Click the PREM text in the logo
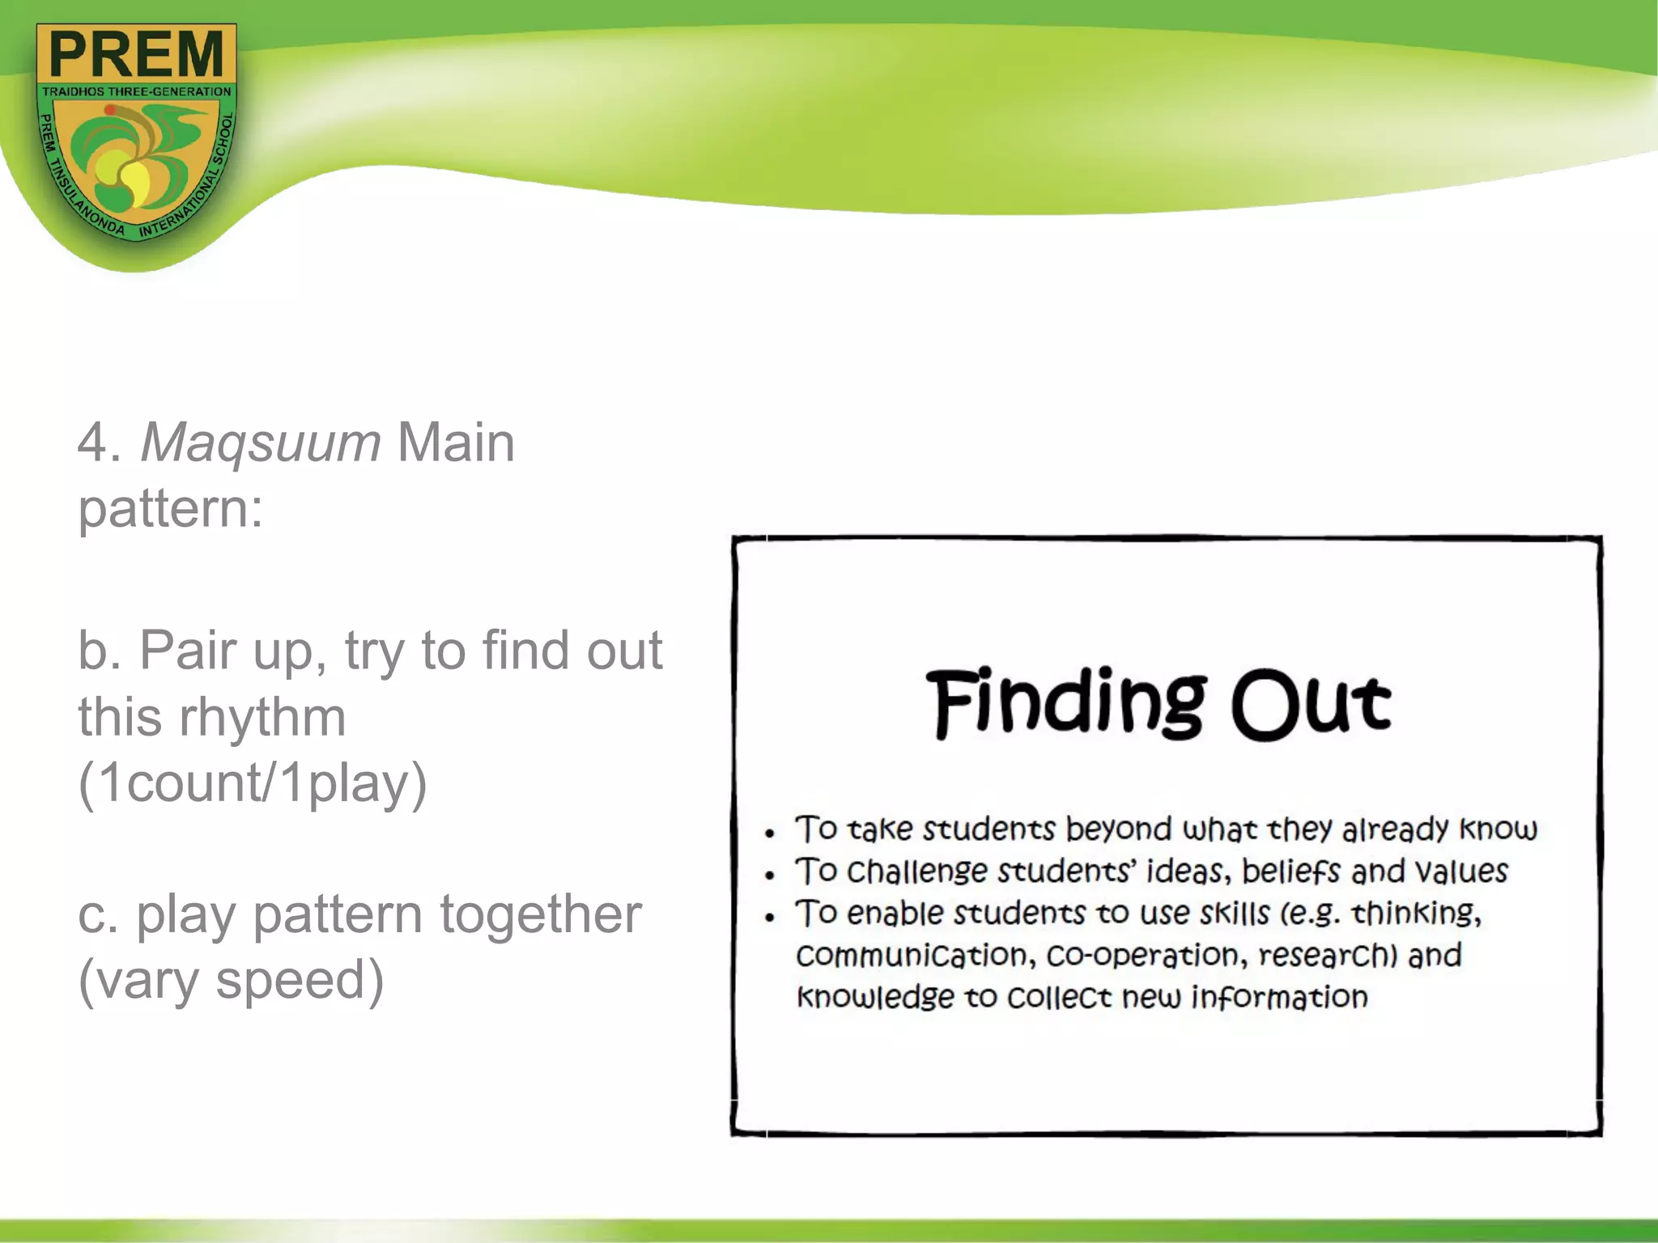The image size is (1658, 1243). (136, 53)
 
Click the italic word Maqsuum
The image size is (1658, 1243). (260, 443)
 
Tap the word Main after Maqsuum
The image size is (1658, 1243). (456, 443)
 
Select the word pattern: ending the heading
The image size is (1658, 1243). (171, 510)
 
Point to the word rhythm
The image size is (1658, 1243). (261, 717)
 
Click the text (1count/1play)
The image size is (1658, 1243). (252, 783)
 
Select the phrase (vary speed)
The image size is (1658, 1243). (231, 980)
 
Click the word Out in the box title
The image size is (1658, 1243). (1311, 704)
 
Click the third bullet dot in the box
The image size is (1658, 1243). (770, 917)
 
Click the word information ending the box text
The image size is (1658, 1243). (1279, 998)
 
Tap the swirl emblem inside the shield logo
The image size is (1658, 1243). (136, 166)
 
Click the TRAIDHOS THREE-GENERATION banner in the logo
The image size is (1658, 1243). (136, 91)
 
